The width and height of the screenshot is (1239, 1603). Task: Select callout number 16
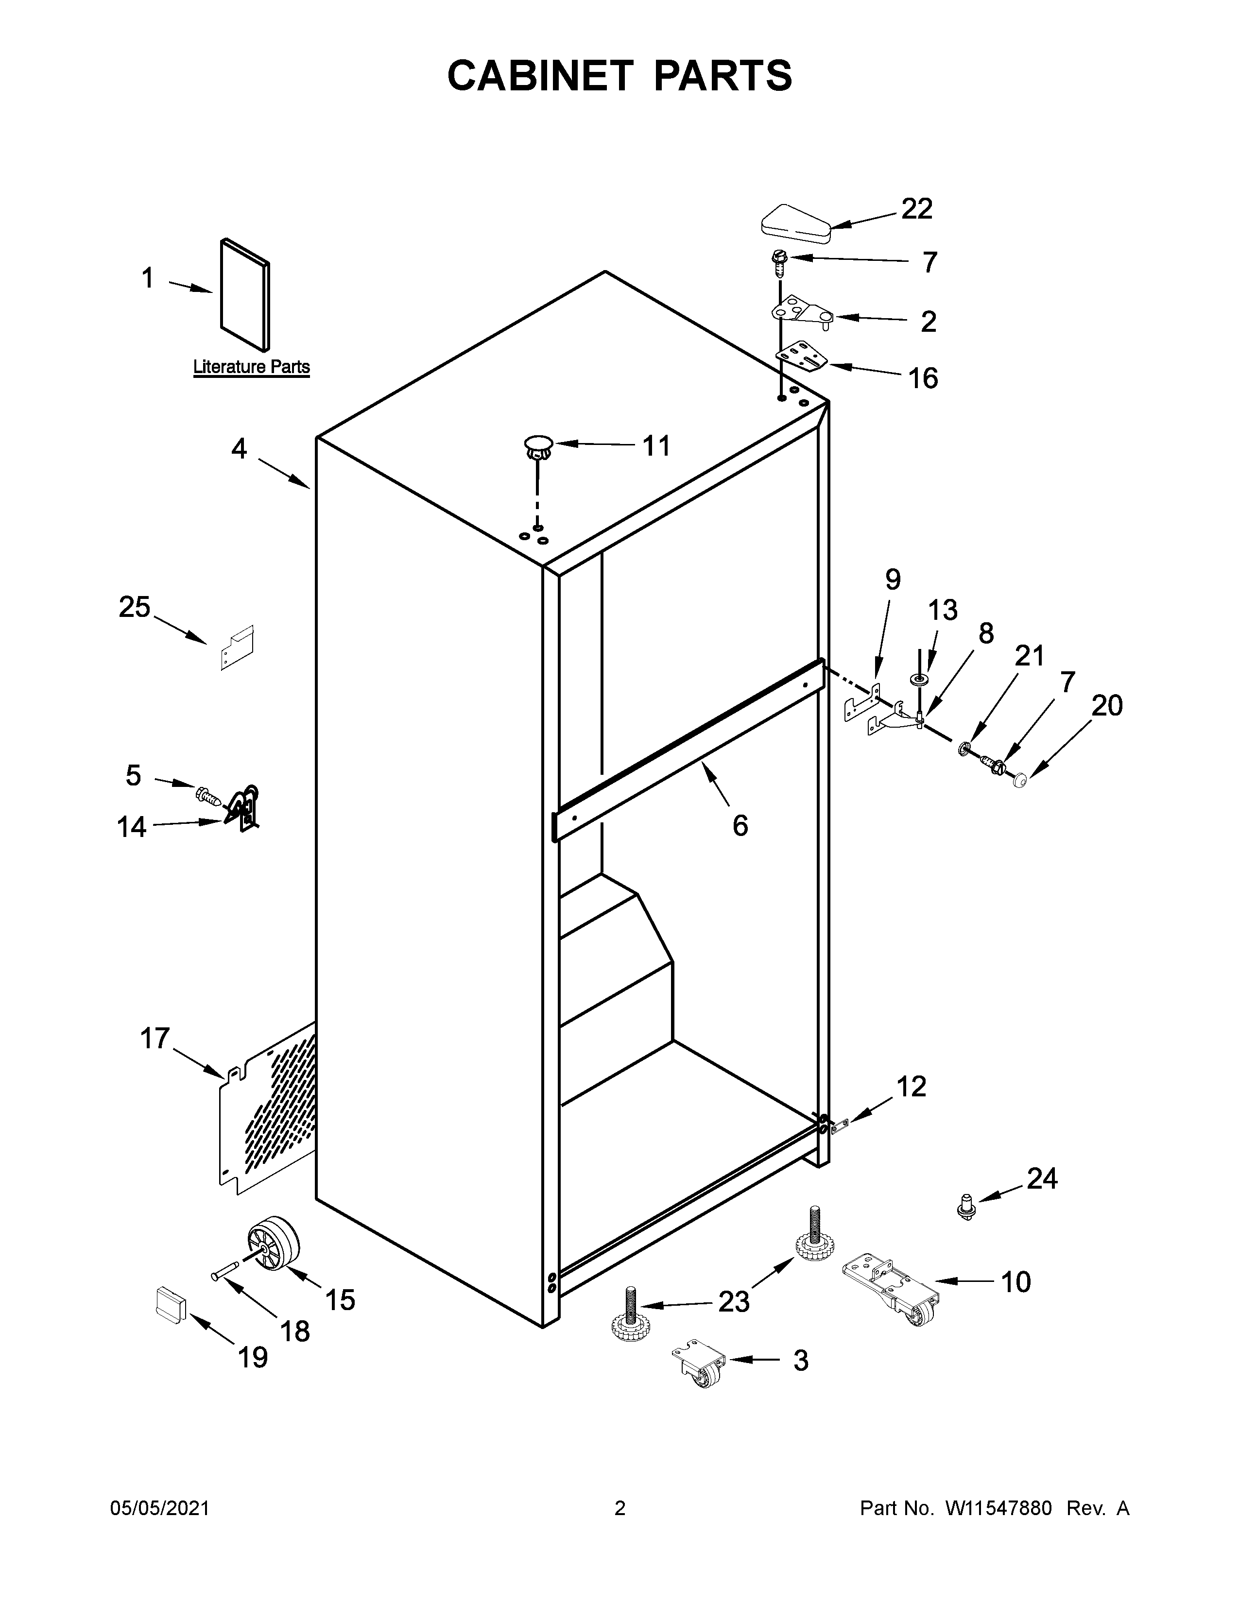(923, 379)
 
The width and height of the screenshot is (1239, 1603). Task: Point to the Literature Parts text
(251, 367)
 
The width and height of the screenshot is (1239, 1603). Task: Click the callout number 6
(740, 826)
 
